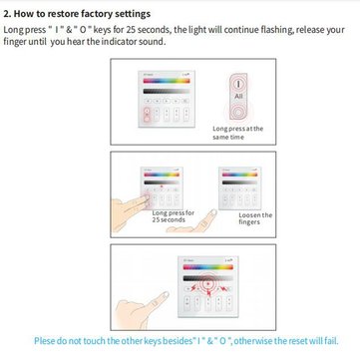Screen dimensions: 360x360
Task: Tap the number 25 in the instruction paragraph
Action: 131,30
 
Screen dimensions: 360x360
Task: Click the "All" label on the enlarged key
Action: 238,96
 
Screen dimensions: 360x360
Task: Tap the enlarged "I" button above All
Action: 238,84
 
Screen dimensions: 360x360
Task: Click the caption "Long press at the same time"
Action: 237,133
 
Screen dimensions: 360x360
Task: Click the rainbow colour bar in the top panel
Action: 167,81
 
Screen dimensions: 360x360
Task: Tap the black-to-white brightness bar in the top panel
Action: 167,91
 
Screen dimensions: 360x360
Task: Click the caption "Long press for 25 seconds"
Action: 174,216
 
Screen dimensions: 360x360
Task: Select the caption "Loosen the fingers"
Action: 255,218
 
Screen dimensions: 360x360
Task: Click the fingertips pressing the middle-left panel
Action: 146,200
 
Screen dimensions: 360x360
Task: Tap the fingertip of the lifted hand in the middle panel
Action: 213,212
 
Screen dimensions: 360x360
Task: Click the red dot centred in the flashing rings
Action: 208,284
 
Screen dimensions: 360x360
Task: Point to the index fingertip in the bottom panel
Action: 166,294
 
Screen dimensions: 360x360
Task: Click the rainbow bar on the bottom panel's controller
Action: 208,267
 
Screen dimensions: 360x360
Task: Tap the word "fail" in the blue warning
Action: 332,341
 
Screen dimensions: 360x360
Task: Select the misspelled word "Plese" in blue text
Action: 44,341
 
